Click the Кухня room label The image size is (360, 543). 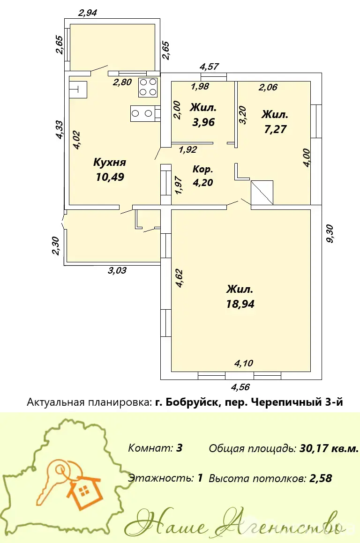[x=110, y=163]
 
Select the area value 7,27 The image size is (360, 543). [x=275, y=129]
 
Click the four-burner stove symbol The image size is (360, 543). [x=148, y=87]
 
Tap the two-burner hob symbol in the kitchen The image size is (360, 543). [x=142, y=113]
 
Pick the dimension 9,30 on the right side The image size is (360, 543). [x=330, y=234]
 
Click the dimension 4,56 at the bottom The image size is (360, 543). [x=240, y=387]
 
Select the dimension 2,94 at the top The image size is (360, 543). [x=88, y=13]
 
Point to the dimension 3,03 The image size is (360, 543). [x=117, y=270]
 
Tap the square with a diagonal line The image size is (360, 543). [x=262, y=192]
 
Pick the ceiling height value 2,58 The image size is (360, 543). [x=321, y=478]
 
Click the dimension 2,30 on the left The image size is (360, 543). [x=56, y=246]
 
